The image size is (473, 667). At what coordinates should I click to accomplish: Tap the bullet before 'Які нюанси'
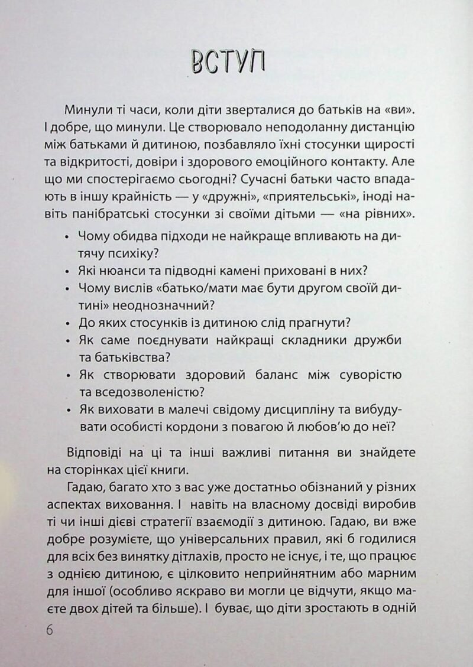64,271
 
